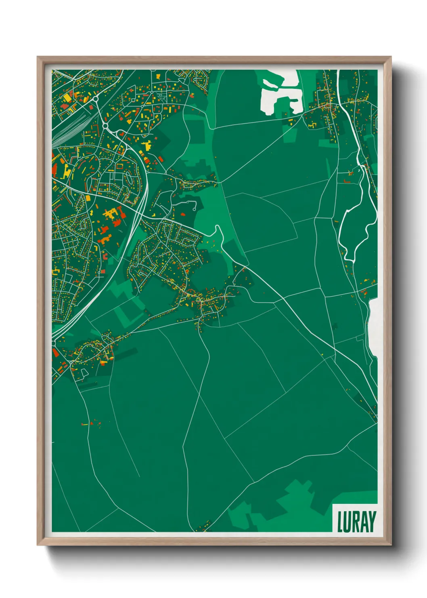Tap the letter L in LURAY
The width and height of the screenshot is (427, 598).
(340, 522)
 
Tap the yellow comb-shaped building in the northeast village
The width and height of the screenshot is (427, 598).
(311, 126)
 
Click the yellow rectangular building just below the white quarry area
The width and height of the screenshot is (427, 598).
(290, 120)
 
